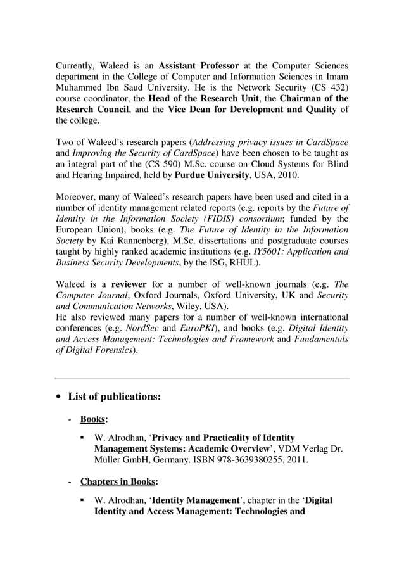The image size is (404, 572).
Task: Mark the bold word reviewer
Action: point(130,283)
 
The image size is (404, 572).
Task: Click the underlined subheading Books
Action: point(93,419)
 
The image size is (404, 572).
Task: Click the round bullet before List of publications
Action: point(59,397)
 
